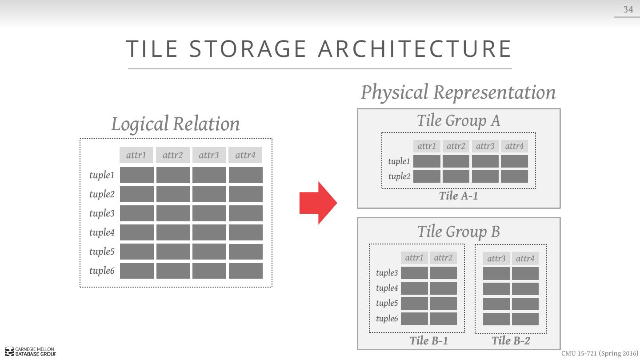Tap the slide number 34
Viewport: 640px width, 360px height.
tap(628, 9)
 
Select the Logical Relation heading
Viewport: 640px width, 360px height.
tap(176, 124)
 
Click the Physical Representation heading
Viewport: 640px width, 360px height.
tap(458, 92)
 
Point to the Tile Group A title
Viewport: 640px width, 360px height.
tap(458, 120)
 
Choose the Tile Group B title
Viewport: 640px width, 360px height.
tap(458, 232)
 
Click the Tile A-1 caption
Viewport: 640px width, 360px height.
tap(458, 196)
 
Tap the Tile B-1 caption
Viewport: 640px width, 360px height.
tap(428, 341)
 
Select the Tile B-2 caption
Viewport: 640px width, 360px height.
tap(511, 341)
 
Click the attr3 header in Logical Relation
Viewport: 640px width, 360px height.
tap(209, 155)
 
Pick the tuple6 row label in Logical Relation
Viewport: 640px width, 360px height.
tap(102, 271)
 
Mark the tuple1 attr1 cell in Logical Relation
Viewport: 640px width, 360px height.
tap(137, 175)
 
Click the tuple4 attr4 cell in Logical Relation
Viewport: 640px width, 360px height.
tap(245, 232)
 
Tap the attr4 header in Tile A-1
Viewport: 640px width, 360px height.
tap(514, 146)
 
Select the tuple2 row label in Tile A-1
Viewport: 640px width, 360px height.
tap(399, 176)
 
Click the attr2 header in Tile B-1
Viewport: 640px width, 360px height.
tap(443, 258)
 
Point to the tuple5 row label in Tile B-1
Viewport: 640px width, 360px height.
tap(387, 303)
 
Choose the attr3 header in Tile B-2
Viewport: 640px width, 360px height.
tap(496, 259)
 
